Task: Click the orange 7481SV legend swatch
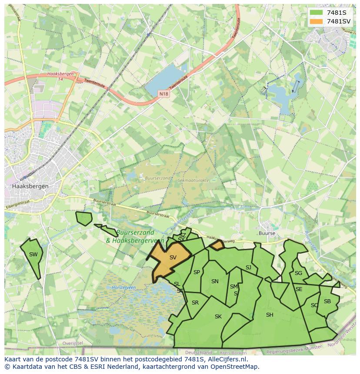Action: (x=316, y=21)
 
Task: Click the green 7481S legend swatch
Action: (x=316, y=12)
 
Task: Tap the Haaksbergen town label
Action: (x=30, y=186)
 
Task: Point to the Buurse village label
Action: (x=267, y=233)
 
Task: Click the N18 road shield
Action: (x=163, y=93)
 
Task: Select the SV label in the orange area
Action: (x=173, y=258)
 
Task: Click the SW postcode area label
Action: (x=33, y=255)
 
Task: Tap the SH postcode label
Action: (x=270, y=315)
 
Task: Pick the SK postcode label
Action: (x=218, y=317)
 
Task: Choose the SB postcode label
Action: (x=327, y=301)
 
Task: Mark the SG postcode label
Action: (x=298, y=273)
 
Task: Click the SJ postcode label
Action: (x=248, y=268)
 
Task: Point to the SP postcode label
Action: (x=197, y=272)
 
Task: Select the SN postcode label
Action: (x=215, y=281)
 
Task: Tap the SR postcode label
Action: (x=195, y=303)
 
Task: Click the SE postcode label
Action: (x=299, y=289)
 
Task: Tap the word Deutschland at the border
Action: (x=198, y=353)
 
